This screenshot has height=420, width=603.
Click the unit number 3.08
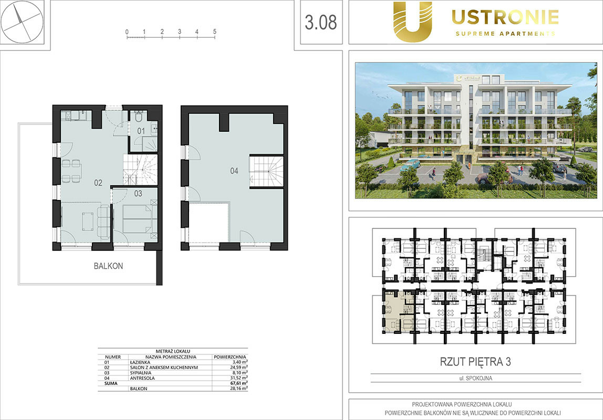tap(321, 22)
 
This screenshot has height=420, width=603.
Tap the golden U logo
tap(412, 22)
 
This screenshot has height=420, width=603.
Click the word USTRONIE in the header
tap(505, 17)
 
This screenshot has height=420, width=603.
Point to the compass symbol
tap(22, 22)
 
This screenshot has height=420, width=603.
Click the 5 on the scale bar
tap(215, 31)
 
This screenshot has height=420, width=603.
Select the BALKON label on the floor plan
tap(108, 266)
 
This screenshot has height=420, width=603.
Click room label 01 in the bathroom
tap(141, 131)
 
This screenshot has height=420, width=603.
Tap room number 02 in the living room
tap(98, 183)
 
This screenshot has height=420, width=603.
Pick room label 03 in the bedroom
tap(138, 194)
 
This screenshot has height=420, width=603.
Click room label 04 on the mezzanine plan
tap(234, 171)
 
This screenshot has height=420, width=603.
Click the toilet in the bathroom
tap(139, 116)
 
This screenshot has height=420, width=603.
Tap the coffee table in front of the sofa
tap(87, 222)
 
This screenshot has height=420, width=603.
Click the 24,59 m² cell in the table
tap(238, 367)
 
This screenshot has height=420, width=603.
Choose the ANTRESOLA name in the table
tap(142, 378)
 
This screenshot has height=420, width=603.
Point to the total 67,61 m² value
tap(238, 383)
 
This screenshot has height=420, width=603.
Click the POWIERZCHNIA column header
tap(230, 357)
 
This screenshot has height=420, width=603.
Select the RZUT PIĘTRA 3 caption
tap(475, 362)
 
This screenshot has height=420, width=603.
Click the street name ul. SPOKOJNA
tap(475, 378)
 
